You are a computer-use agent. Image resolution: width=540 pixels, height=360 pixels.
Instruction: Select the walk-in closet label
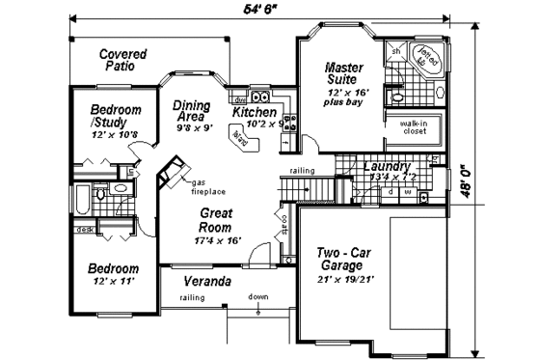(416, 126)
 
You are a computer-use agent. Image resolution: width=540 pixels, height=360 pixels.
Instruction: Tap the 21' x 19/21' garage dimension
(344, 279)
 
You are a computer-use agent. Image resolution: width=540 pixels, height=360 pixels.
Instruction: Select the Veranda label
(206, 282)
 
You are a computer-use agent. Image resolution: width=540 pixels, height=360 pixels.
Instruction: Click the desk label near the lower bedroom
(86, 230)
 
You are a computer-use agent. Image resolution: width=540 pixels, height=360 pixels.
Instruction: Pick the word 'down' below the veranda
(256, 297)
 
